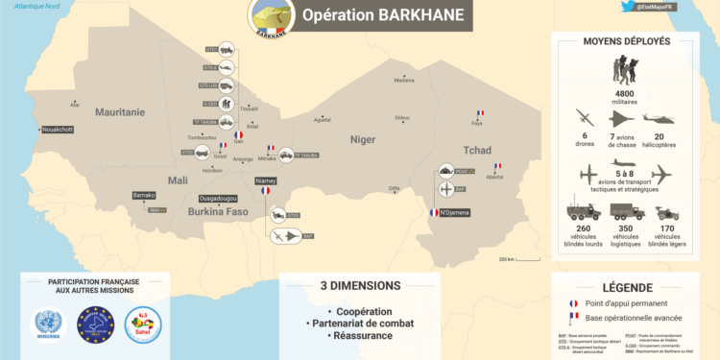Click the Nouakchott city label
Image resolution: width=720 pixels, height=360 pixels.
click(x=57, y=129)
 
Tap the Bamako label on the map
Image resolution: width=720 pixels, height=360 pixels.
click(x=144, y=195)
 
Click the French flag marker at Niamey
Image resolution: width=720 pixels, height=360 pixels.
click(x=265, y=191)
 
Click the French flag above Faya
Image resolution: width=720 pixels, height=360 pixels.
click(x=479, y=113)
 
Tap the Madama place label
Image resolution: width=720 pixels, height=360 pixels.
click(x=404, y=80)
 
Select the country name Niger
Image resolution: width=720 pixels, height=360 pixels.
click(x=363, y=139)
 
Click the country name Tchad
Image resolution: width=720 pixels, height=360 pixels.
click(x=477, y=151)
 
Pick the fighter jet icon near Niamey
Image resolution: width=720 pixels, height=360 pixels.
click(x=285, y=235)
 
